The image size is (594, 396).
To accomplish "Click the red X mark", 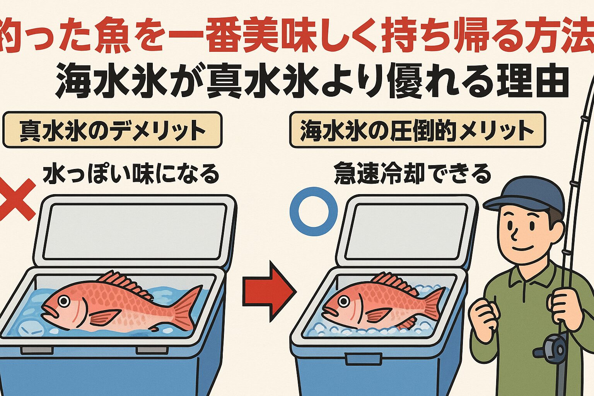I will [x=16, y=199].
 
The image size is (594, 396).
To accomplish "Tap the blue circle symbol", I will [x=314, y=211].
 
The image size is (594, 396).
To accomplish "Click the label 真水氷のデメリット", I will [x=113, y=130].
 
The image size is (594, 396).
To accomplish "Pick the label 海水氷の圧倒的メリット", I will [x=417, y=130].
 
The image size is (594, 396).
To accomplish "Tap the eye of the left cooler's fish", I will [x=64, y=300].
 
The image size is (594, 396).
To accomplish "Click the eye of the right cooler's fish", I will [x=341, y=301].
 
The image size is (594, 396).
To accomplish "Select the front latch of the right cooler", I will [x=363, y=358].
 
